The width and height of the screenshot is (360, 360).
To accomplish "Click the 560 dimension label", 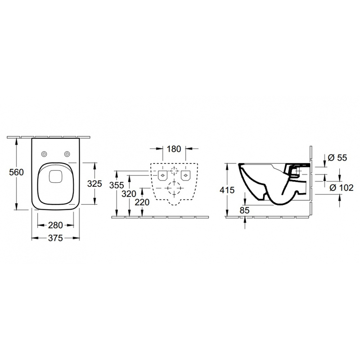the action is pos(16,172).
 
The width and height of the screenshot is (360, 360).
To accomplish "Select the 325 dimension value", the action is pos(94,184).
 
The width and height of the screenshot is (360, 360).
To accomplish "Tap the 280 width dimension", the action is pos(55,225).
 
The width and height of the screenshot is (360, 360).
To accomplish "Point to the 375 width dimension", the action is pos(55,238).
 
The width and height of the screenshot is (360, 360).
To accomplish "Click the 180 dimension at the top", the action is pos(174,149).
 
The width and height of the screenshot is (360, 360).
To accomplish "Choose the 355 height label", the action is pos(117,185).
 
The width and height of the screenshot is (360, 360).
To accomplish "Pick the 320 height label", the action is pos(129,194).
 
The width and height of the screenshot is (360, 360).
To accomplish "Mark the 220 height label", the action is pos(142,202).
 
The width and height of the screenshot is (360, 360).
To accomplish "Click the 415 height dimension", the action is pos(227,190).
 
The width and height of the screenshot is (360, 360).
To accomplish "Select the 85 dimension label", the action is pos(244,210).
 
